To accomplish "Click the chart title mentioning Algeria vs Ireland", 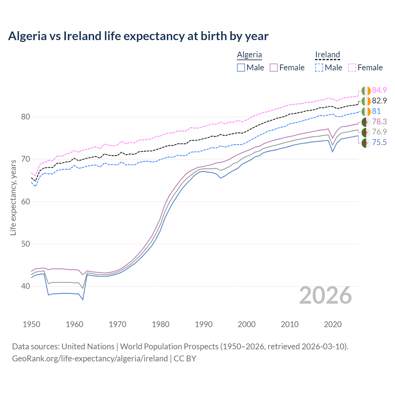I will tap(138, 36).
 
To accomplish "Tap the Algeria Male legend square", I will tap(241, 68).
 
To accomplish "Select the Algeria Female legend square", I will tap(274, 68).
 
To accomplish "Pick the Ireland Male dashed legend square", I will tap(319, 68).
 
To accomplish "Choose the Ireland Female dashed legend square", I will tap(352, 68).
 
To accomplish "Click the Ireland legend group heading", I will tap(327, 55).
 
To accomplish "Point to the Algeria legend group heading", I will tap(249, 55).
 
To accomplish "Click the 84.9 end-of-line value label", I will tap(379, 90).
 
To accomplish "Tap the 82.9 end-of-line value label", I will tap(379, 101).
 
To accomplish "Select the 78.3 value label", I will tap(379, 122).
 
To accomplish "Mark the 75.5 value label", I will tap(379, 142).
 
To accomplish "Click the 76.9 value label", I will tap(379, 132).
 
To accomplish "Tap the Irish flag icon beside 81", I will tap(366, 111).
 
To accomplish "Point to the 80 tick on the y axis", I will tap(26, 117).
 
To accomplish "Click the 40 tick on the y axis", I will tap(26, 286).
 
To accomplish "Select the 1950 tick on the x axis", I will tap(31, 324).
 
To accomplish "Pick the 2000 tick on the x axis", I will tap(247, 324).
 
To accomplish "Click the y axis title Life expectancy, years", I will tap(13, 197).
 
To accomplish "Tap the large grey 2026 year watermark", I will tap(325, 295).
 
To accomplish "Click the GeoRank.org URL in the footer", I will tap(90, 359).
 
